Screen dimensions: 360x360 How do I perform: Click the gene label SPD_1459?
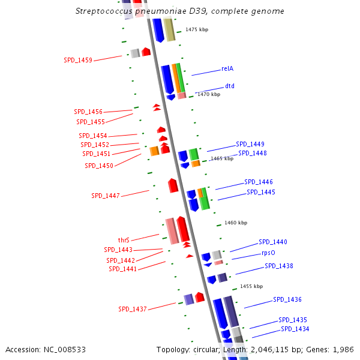coord(78,60)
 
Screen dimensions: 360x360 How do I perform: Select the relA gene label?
coord(227,68)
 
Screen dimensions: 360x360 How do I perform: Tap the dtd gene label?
coord(229,86)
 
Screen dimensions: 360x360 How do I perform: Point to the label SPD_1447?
coord(106,196)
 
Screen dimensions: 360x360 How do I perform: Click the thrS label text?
coord(124,240)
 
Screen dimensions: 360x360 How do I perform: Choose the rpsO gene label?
coord(268,253)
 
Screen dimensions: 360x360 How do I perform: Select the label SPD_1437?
coord(133,309)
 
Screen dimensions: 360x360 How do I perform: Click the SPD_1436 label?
coord(287,299)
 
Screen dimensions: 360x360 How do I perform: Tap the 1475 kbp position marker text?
coord(197,29)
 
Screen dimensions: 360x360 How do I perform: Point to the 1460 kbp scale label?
coord(236,223)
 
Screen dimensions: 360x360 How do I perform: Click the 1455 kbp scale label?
coord(251,287)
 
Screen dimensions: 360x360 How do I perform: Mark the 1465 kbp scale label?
coord(221,158)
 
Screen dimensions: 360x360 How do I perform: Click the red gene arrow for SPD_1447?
coord(173,185)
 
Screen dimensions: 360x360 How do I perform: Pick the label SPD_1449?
coord(250,144)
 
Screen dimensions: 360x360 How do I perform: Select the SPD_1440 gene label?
coord(273,242)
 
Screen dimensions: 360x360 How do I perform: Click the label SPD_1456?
coord(88,112)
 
